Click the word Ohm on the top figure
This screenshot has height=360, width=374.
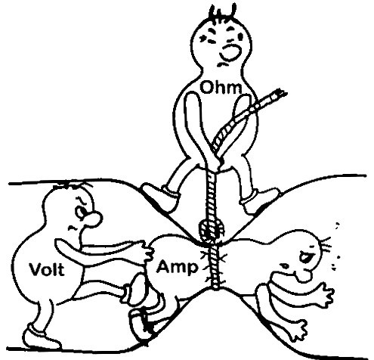click(x=221, y=88)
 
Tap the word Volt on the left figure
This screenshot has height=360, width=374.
click(x=47, y=269)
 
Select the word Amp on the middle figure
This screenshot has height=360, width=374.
click(x=177, y=267)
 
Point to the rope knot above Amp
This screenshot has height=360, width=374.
click(x=211, y=230)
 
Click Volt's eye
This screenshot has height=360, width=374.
click(x=81, y=211)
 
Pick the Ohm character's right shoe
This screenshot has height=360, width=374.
click(x=259, y=201)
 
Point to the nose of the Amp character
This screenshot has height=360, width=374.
click(x=304, y=275)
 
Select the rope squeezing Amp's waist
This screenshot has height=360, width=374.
click(x=215, y=267)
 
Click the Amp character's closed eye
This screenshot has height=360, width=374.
click(x=305, y=256)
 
